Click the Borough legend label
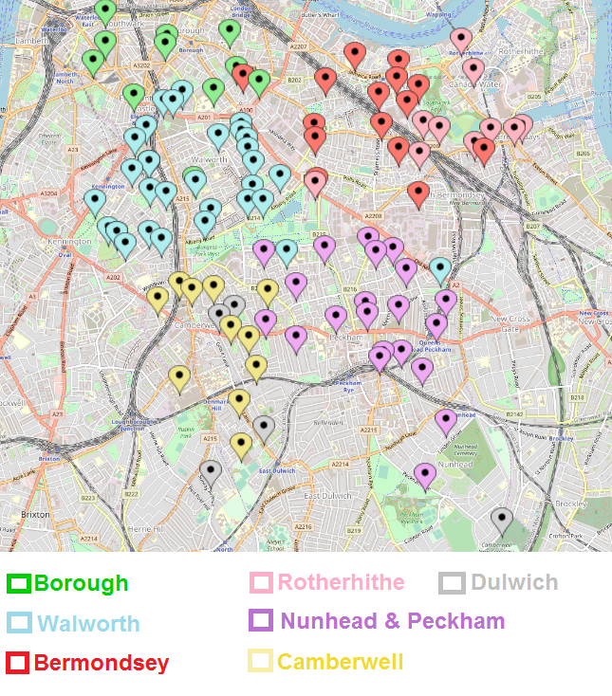81,582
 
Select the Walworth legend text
88,623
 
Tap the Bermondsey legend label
102,663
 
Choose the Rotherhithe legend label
342,582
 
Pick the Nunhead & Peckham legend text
392,622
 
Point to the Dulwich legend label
513,582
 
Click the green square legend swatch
19,583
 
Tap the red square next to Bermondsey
19,663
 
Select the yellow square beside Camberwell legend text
261,661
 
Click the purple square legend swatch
261,621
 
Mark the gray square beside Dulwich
453,583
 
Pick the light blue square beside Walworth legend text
19,623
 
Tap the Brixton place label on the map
35,514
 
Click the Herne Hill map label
145,528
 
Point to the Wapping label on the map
438,15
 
